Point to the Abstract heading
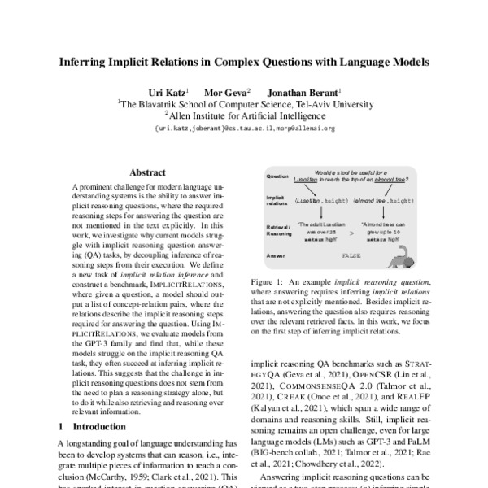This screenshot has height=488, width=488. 147,172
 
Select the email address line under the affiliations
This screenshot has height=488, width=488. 244,129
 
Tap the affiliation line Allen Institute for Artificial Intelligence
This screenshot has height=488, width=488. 244,116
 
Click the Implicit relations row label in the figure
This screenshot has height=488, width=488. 277,201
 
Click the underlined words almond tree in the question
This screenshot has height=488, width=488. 393,181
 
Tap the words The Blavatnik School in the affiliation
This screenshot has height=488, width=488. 158,104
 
